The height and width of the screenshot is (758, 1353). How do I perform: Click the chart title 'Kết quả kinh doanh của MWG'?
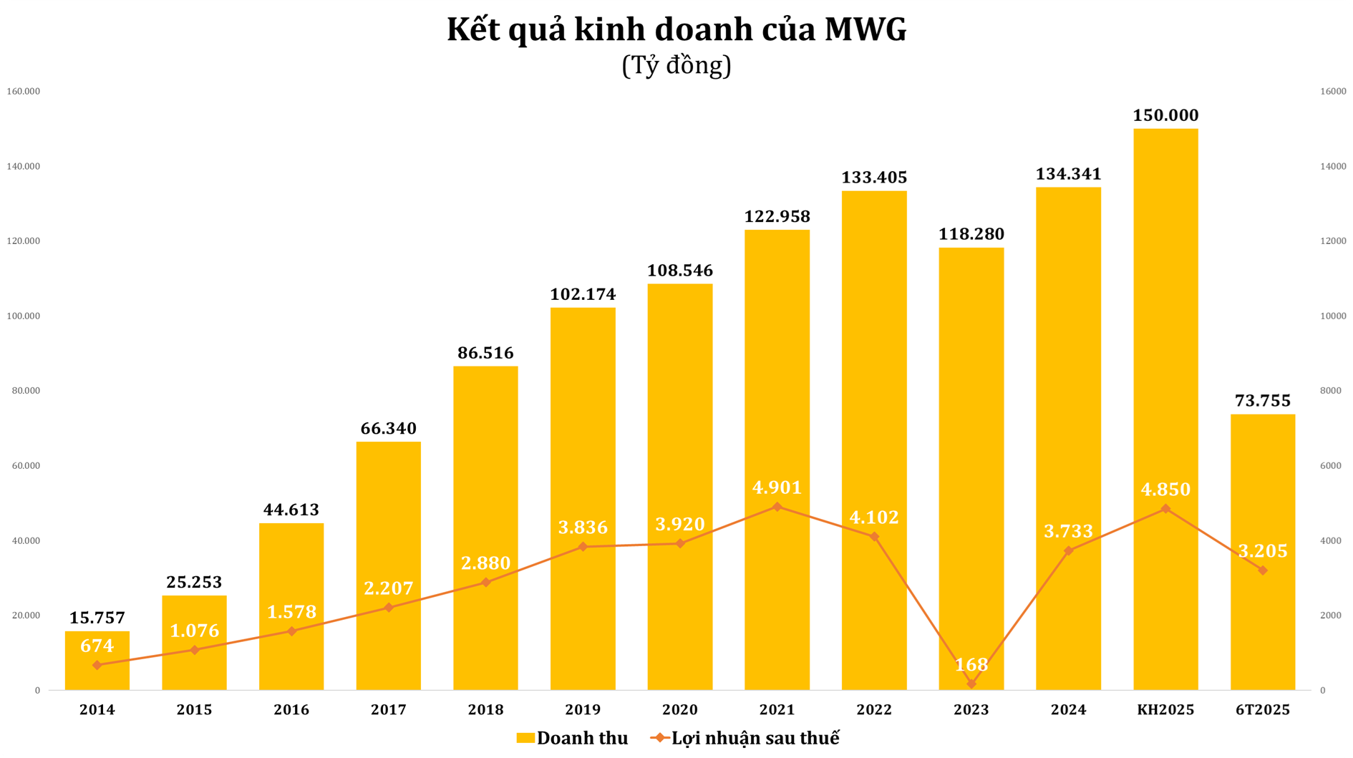[x=676, y=30]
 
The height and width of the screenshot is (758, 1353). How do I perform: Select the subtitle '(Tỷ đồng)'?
[x=676, y=66]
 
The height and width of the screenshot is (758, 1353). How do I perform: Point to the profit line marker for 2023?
[x=971, y=684]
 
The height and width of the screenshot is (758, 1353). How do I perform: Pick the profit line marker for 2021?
[x=777, y=507]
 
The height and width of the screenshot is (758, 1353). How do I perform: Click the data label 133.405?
[x=874, y=178]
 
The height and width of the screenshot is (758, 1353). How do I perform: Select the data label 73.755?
[x=1263, y=401]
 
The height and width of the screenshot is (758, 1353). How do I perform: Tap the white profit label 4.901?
[x=777, y=487]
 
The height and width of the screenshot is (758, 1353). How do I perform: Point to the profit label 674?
[x=97, y=646]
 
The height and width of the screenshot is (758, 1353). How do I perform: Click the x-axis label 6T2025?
[x=1263, y=710]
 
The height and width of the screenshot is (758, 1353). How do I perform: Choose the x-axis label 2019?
[x=583, y=710]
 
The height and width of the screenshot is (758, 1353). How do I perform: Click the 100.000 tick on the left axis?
[x=23, y=316]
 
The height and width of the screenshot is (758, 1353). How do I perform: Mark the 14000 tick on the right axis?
[x=1333, y=166]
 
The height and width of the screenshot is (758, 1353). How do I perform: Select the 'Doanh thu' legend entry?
[x=573, y=738]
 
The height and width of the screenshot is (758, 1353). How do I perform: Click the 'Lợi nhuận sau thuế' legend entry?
[x=746, y=738]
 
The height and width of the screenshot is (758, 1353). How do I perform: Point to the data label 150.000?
[x=1165, y=115]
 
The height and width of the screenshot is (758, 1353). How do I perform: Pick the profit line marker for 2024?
[x=1069, y=550]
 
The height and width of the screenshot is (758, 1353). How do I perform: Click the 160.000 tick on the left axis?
[x=23, y=92]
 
